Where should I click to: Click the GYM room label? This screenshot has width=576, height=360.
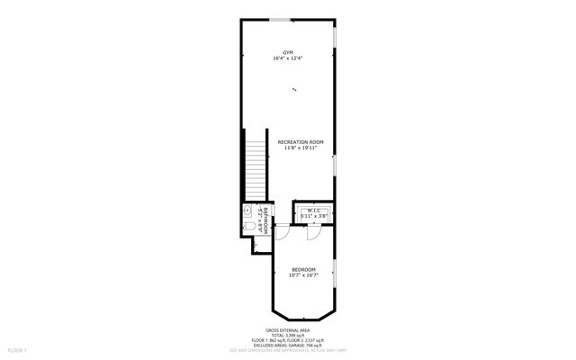(288, 53)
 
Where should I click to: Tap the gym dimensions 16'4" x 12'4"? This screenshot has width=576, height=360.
(288, 58)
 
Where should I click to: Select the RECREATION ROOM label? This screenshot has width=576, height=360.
(301, 142)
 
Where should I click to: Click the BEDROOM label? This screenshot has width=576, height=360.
(303, 270)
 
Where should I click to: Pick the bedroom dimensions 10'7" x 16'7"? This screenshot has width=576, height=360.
(303, 275)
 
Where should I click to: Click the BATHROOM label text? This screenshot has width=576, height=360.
(265, 220)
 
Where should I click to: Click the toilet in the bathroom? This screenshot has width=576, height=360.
(248, 227)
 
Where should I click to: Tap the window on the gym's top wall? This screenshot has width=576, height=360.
(279, 19)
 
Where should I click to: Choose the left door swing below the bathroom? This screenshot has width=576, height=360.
(283, 231)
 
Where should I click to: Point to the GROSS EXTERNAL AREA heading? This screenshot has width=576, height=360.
(287, 330)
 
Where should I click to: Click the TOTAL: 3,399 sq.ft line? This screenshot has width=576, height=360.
(287, 335)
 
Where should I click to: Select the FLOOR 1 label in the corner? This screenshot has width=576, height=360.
(18, 349)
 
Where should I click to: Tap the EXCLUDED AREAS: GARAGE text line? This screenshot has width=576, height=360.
(287, 345)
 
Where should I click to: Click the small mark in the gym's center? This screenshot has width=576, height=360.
(295, 88)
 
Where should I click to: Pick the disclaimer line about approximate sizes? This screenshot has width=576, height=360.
(287, 350)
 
